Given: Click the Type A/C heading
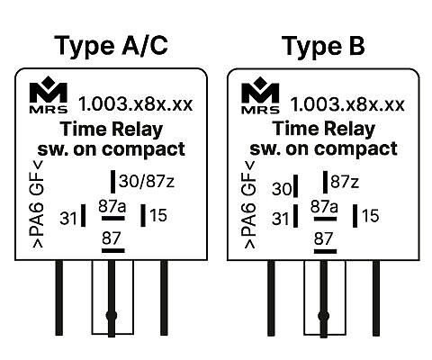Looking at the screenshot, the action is click(111, 46).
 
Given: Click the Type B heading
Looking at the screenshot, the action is click(323, 46).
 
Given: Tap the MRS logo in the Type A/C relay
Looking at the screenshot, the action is click(49, 94).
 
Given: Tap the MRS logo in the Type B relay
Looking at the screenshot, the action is click(260, 94).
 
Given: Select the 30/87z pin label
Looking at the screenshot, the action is click(147, 181).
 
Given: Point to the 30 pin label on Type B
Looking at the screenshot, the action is click(282, 189).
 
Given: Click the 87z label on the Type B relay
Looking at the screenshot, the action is click(345, 182).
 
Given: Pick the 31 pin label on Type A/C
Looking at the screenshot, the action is click(68, 218).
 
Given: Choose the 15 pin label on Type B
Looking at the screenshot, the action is click(371, 216).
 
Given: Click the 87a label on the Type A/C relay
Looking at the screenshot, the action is click(112, 206).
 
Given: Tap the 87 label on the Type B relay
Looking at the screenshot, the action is click(323, 238).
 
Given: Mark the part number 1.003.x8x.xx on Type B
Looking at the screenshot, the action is click(347, 104).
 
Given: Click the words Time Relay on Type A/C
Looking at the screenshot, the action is click(112, 130).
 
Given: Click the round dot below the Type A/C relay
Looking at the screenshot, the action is click(112, 315).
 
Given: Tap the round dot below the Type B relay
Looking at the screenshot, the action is click(323, 316).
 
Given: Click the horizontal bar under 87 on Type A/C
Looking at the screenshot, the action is click(113, 250).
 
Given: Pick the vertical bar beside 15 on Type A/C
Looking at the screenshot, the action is click(143, 215).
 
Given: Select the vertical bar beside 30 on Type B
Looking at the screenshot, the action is click(296, 186).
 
